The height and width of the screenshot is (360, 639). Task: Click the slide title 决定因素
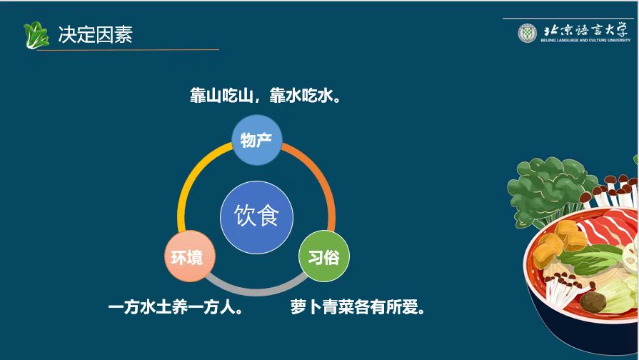(x=96, y=34)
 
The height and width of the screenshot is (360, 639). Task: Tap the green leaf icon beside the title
(x=36, y=35)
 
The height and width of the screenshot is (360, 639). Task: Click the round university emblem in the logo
(x=528, y=33)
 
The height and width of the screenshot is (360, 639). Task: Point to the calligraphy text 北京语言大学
(x=585, y=30)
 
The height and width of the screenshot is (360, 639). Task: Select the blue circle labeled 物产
(x=257, y=140)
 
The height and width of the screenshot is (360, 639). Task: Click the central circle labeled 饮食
(x=257, y=217)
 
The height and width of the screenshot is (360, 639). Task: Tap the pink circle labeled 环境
(x=189, y=256)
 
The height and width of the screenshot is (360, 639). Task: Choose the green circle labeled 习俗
(x=324, y=256)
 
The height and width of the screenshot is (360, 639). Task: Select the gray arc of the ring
(x=257, y=291)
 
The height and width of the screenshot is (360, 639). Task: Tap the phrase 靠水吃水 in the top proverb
(x=301, y=96)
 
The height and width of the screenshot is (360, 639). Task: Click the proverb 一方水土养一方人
(x=176, y=307)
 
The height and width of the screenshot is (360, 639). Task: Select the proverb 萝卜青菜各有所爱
(x=358, y=307)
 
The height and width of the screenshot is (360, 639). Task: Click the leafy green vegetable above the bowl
(x=548, y=189)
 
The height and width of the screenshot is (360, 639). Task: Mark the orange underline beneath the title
(x=128, y=50)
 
